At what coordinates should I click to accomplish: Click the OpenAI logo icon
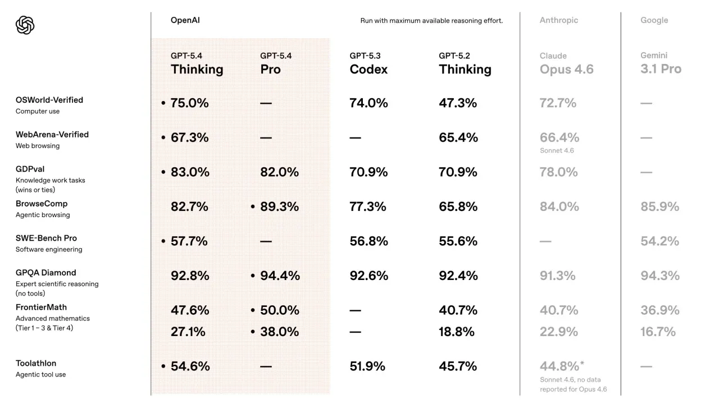[25, 25]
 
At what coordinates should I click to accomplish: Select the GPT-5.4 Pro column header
[276, 64]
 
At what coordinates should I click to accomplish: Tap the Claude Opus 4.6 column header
[566, 64]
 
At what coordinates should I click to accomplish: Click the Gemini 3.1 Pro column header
[661, 63]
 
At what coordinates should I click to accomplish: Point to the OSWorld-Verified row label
[49, 100]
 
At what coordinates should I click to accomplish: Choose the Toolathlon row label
[36, 364]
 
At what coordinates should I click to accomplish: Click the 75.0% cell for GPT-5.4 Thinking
[189, 103]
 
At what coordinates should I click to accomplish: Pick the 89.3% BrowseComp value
[279, 207]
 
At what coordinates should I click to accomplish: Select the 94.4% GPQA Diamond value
[280, 276]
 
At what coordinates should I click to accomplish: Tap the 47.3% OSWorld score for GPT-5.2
[458, 103]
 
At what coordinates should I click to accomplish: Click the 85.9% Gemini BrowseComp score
[659, 207]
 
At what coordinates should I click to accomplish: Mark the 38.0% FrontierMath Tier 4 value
[279, 332]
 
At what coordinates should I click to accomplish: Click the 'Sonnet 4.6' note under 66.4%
[557, 150]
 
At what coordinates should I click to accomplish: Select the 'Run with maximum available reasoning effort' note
[431, 21]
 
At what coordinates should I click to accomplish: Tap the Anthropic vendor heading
[558, 20]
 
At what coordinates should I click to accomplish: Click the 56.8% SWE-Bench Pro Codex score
[368, 241]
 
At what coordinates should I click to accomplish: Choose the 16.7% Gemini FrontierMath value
[658, 332]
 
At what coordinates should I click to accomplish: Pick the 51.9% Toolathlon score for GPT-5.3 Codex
[367, 366]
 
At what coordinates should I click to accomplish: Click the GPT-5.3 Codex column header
[368, 64]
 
